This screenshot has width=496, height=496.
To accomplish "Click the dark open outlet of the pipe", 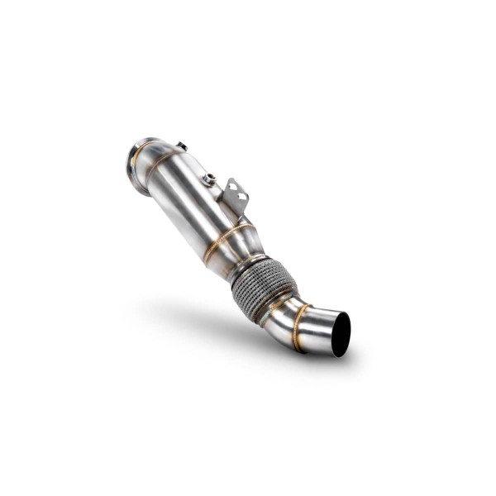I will tap(340, 334).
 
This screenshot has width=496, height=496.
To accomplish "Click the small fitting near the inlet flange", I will tap(181, 147).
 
